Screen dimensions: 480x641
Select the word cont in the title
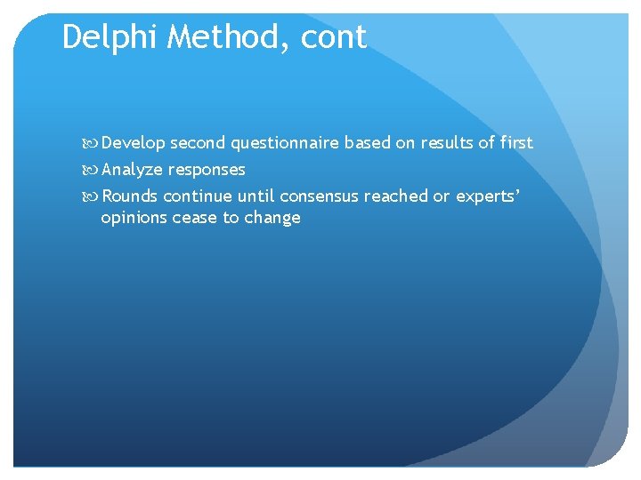click(x=335, y=38)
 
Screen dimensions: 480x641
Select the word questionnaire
click(x=285, y=142)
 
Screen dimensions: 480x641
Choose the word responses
click(x=207, y=170)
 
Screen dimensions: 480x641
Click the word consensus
click(x=321, y=196)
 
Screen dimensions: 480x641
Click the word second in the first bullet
click(x=198, y=142)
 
